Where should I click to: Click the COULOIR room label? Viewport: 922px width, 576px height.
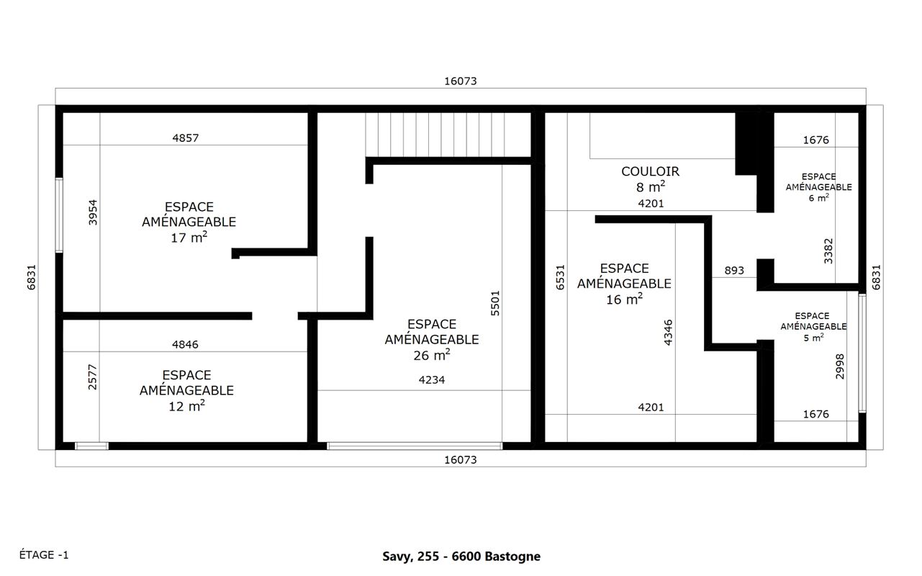[650, 171]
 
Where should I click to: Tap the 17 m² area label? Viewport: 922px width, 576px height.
[189, 237]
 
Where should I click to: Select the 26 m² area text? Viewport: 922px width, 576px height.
[432, 354]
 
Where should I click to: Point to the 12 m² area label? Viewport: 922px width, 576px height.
[186, 406]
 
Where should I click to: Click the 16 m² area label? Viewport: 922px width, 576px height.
[624, 299]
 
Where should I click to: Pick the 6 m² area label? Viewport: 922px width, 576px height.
[818, 197]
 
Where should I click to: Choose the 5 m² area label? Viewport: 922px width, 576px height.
[814, 338]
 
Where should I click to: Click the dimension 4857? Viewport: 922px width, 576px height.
[185, 138]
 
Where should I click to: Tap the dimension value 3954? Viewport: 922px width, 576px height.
[93, 212]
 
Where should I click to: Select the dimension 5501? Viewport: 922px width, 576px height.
[495, 303]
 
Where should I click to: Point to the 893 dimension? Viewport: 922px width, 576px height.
[734, 271]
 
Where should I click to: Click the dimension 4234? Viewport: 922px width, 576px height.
[432, 379]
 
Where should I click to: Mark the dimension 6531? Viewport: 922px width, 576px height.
[560, 277]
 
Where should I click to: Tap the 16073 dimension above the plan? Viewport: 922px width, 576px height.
[460, 81]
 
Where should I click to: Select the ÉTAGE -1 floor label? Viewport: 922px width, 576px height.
[44, 554]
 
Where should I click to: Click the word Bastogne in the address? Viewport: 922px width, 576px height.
[512, 557]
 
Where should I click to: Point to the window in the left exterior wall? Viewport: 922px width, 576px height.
[59, 215]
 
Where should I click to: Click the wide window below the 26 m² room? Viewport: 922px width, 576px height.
[415, 446]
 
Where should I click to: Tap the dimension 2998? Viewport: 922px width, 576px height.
[840, 366]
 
